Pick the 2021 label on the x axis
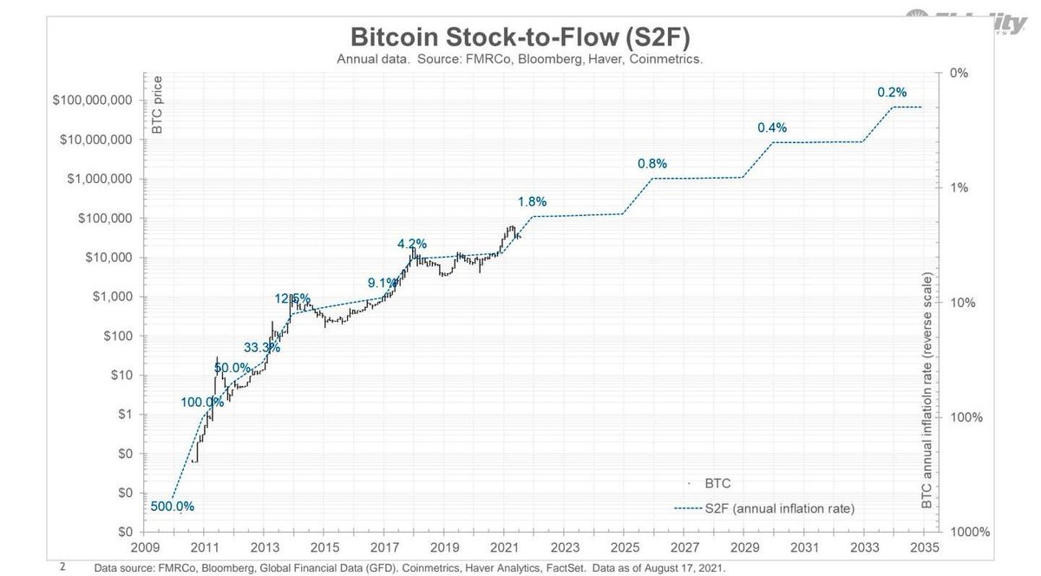click(x=503, y=547)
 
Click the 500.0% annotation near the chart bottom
click(x=173, y=507)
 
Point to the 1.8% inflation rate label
click(x=532, y=202)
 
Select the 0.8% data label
click(x=651, y=163)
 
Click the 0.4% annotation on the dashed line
click(x=772, y=128)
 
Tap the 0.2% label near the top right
click(x=892, y=92)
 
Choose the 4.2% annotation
click(x=411, y=244)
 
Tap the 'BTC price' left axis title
click(x=158, y=111)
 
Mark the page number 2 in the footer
click(x=62, y=565)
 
